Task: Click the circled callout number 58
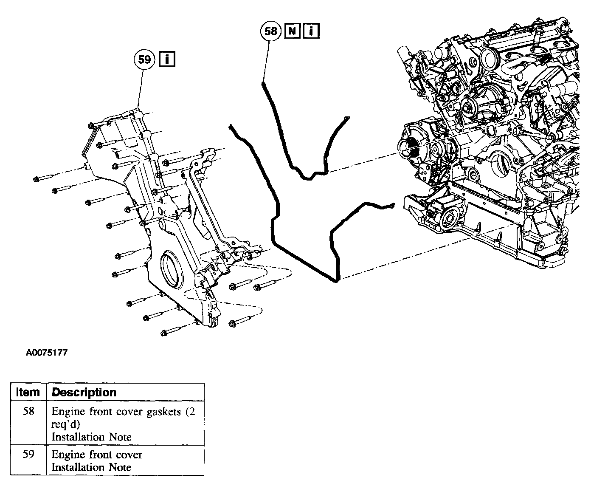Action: point(271,31)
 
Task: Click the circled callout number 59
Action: point(144,59)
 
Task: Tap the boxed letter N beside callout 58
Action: point(293,31)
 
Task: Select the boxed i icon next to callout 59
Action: point(167,59)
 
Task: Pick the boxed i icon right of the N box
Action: point(311,31)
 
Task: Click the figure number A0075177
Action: point(46,353)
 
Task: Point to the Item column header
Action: point(28,392)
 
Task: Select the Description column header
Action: point(84,392)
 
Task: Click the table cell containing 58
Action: point(28,412)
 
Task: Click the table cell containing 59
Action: point(28,455)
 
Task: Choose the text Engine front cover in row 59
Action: point(97,455)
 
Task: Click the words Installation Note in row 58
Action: point(91,437)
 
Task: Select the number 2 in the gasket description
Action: point(192,412)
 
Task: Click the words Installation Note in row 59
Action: point(91,467)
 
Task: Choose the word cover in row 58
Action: point(129,412)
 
